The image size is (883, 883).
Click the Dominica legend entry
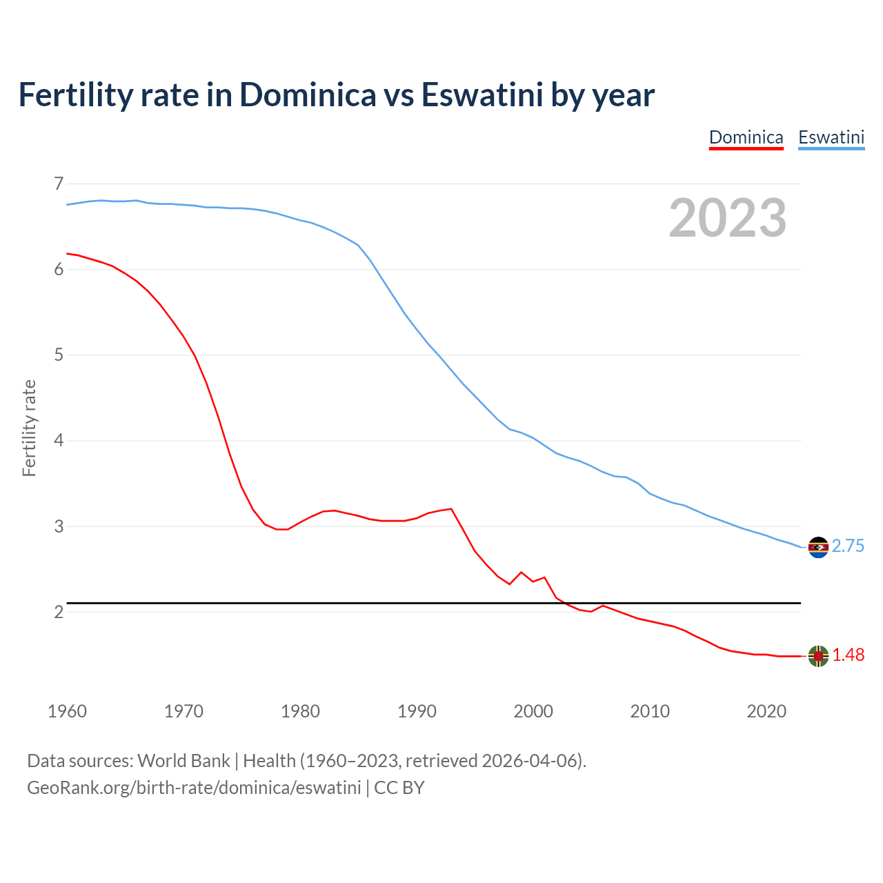tap(746, 137)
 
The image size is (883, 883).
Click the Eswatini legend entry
tap(831, 137)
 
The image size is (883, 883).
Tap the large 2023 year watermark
tap(727, 218)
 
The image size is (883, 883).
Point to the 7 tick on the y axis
tap(59, 183)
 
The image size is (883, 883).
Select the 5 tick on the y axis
tap(59, 355)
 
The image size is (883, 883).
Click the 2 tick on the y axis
tap(59, 612)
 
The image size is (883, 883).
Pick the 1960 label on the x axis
tap(67, 711)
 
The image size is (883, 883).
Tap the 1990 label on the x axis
tap(417, 711)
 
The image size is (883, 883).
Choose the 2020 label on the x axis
tap(766, 711)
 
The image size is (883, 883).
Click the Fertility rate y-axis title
tap(29, 428)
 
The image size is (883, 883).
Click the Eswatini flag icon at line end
tap(818, 547)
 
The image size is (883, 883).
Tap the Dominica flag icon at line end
tap(818, 656)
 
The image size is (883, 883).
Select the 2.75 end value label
tap(848, 546)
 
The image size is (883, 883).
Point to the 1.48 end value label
tap(848, 655)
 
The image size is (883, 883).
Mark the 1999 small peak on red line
tap(522, 572)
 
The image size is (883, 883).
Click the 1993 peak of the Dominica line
tap(451, 508)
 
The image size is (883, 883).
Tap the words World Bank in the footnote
tap(183, 761)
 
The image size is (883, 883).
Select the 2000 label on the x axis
tap(533, 711)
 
